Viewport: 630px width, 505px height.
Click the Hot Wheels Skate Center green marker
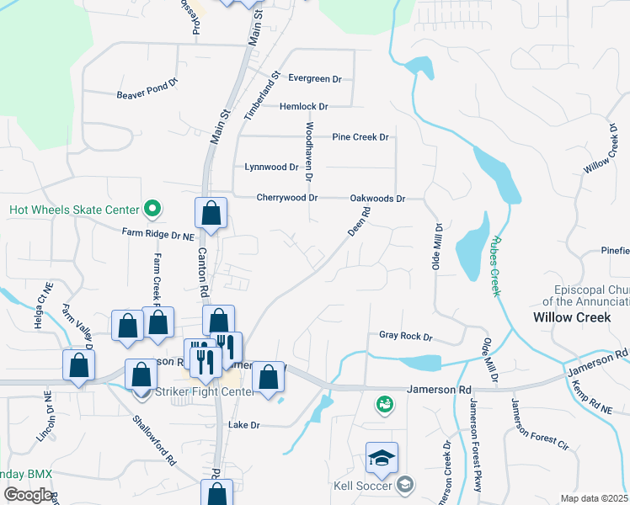point(152,207)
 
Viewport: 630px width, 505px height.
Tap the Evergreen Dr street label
point(314,78)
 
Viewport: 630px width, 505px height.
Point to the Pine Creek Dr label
point(360,136)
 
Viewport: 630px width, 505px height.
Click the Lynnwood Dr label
point(271,167)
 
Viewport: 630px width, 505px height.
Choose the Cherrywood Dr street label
point(287,198)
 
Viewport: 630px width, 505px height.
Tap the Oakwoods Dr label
point(377,199)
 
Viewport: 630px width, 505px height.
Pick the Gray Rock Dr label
point(405,337)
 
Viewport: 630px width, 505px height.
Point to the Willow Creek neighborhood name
point(570,317)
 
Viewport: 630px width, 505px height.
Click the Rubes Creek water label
point(494,265)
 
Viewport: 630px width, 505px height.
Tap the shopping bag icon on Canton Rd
point(211,214)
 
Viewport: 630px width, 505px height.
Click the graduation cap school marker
point(382,458)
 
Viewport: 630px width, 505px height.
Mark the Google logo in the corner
point(27,495)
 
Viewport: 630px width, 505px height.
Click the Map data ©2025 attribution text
point(594,498)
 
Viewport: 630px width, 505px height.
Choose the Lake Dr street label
point(244,425)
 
